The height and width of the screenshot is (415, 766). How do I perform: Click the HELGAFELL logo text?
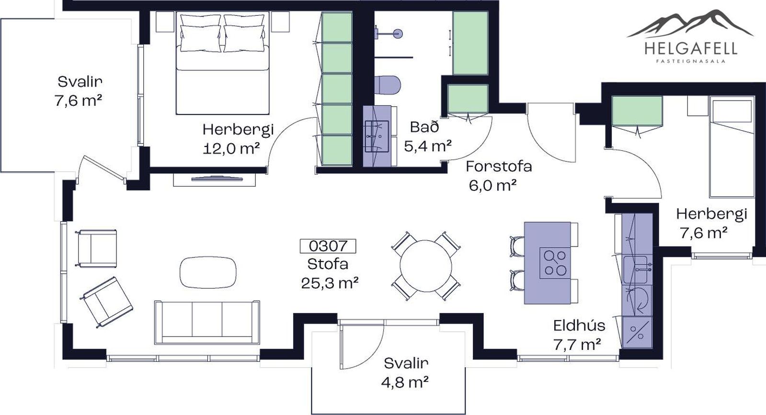pos(690,48)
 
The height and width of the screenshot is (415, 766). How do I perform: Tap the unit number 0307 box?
pos(328,246)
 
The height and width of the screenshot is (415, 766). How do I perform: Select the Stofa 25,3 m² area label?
pos(329,273)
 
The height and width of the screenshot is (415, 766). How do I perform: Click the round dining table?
pos(426,266)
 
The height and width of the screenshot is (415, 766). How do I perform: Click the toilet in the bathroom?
pos(388,85)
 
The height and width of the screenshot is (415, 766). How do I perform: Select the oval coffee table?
pos(208,272)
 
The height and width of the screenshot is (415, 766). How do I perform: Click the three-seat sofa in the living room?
pos(207,322)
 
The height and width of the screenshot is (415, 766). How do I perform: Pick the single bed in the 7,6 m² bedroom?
pos(732,147)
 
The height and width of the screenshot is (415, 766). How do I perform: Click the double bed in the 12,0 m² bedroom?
pos(223,63)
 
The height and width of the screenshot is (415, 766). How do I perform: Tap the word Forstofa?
pos(499,167)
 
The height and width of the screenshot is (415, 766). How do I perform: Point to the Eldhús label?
pos(579,325)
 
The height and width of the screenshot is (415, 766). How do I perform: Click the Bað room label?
pos(424,127)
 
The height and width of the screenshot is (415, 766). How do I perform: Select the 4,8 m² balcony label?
pos(405,382)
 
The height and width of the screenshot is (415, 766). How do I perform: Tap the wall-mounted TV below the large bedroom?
pos(217,178)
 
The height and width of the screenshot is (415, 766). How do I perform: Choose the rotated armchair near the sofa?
pos(106,302)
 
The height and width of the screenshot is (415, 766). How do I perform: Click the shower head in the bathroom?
pos(397,34)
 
